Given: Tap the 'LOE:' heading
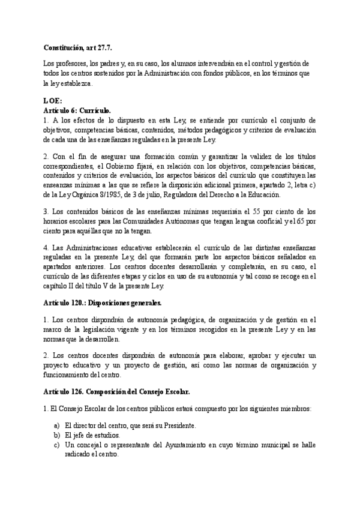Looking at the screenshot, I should point(53,101).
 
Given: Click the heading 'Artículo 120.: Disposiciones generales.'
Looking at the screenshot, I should point(103,303).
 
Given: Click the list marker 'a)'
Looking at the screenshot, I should point(56,425).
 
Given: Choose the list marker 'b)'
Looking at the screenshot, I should point(56,435).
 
